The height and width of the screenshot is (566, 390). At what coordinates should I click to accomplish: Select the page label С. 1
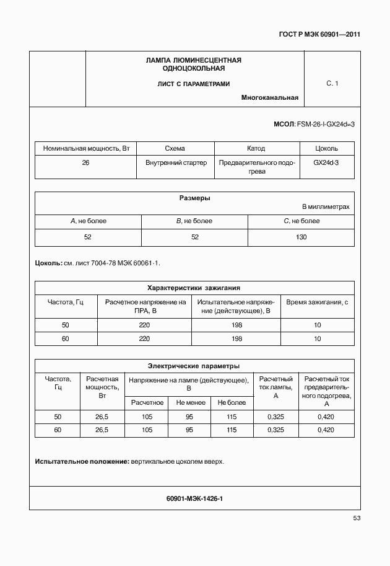pos(332,84)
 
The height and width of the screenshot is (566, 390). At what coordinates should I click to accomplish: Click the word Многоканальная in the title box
pos(270,97)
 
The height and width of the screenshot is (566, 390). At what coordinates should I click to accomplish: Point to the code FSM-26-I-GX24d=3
pos(326,125)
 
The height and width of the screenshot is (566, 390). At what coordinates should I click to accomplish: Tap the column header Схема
pos(175,149)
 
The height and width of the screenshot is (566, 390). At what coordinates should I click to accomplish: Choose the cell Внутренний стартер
pos(175,163)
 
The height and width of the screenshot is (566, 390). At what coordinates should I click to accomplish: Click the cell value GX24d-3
pos(326,163)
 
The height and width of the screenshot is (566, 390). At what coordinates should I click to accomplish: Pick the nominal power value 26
pos(85,163)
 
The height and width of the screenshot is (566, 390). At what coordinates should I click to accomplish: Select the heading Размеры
pos(194,198)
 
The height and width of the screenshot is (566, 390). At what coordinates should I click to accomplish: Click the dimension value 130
pos(301,237)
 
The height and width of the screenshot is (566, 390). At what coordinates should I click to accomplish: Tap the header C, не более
pos(301,221)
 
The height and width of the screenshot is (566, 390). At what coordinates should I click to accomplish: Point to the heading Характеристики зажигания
pos(194,288)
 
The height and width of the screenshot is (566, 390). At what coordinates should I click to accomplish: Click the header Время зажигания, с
pos(318,302)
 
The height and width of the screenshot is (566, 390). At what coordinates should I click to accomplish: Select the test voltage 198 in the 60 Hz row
pos(236,338)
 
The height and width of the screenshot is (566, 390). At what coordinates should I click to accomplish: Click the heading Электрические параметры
pos(194,366)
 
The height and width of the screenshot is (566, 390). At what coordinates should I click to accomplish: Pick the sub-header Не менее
pos(189,402)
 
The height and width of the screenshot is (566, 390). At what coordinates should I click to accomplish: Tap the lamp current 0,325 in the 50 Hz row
pos(275,417)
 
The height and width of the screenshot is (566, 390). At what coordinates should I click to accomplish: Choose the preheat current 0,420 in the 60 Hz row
pos(326,430)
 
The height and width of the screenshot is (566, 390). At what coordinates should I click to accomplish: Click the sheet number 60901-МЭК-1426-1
pos(194,498)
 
